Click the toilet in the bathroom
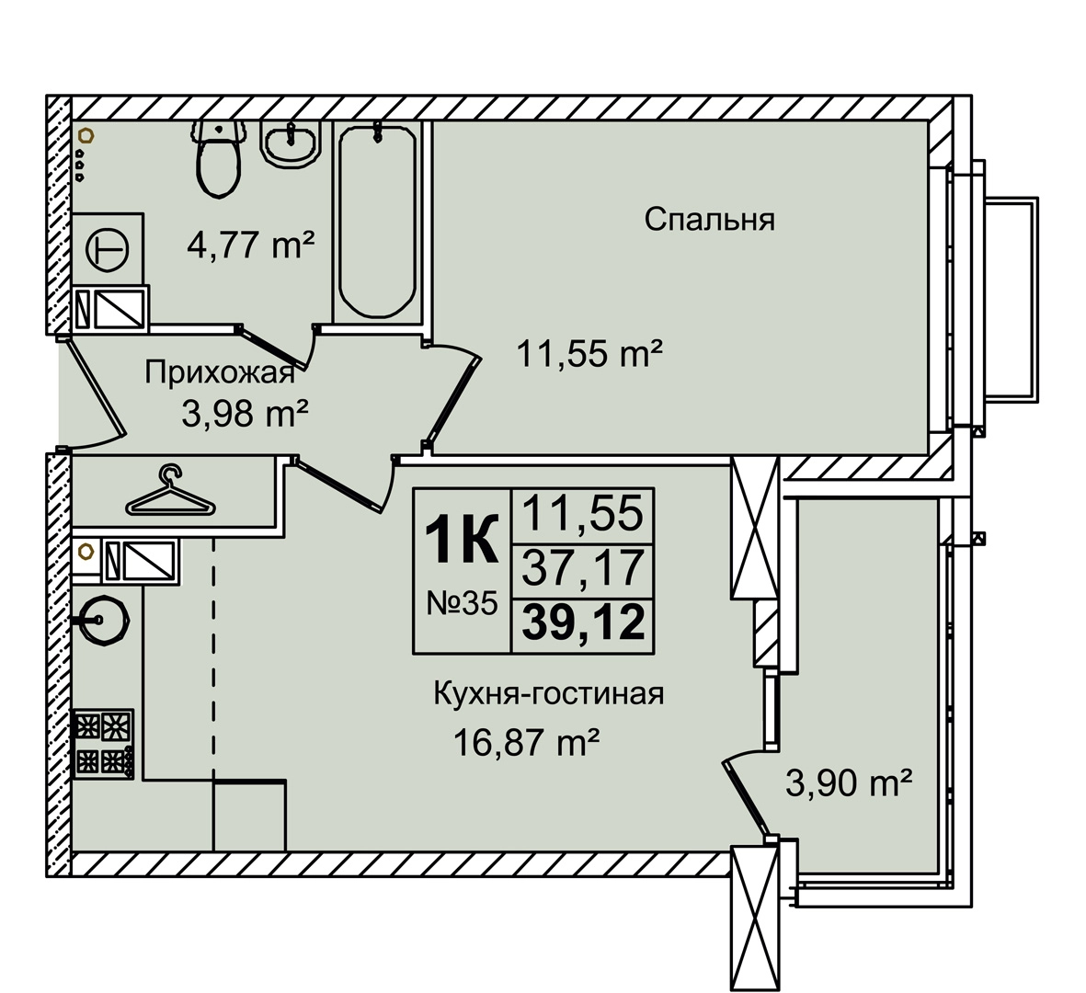(x=219, y=158)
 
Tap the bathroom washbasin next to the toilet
(x=291, y=144)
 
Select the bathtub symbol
(x=377, y=221)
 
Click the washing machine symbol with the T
(x=108, y=249)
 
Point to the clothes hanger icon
(x=170, y=492)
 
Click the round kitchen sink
(x=104, y=620)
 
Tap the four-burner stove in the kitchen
(x=102, y=744)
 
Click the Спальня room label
(x=709, y=221)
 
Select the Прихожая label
(x=220, y=374)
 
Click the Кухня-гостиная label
(x=549, y=694)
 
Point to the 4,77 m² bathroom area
(x=251, y=245)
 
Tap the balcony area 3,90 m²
(x=849, y=783)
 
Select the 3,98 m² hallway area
(x=245, y=415)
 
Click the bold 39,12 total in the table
(x=583, y=622)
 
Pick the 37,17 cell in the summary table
(x=583, y=568)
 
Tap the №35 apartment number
(x=462, y=604)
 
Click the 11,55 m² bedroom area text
(x=589, y=355)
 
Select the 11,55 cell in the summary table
(x=582, y=515)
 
